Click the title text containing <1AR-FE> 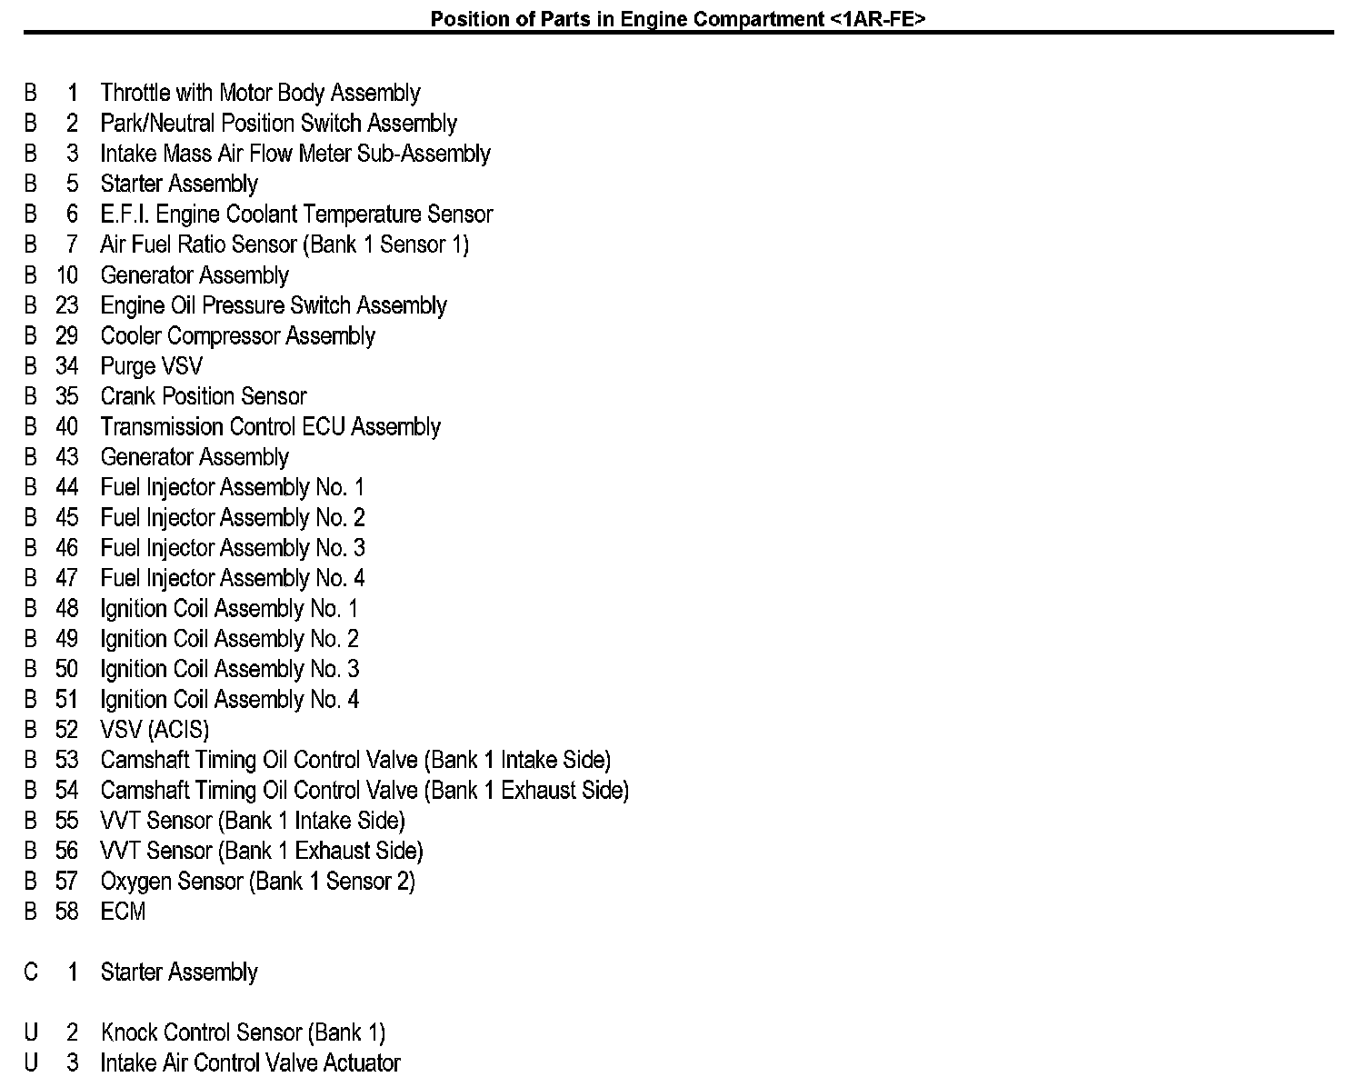tap(677, 19)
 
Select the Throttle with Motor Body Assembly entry tap(260, 93)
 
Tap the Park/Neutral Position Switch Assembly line tap(278, 124)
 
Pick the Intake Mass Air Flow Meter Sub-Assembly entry tap(295, 154)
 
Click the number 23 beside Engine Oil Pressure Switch tap(67, 305)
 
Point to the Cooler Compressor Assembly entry tap(237, 336)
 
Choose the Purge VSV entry tap(151, 366)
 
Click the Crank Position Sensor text tap(204, 396)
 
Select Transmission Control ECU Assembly tap(270, 427)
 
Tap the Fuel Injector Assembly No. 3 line tap(233, 548)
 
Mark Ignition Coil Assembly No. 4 tap(229, 700)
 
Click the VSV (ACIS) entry tap(155, 730)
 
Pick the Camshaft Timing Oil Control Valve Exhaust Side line tap(364, 791)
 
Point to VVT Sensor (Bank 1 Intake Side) tap(253, 821)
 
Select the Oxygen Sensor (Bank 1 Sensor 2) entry tap(257, 882)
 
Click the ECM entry tap(123, 912)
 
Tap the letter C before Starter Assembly tap(31, 972)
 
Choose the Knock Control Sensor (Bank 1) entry tap(243, 1033)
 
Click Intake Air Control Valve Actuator tap(250, 1063)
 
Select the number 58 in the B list tap(67, 912)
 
